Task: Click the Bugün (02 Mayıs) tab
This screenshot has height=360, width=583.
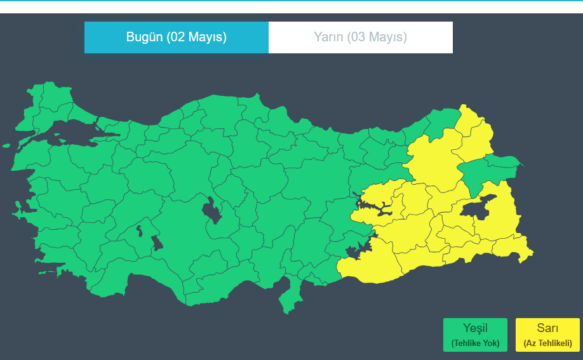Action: pos(176,37)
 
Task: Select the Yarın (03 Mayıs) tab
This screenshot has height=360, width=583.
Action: pos(360,37)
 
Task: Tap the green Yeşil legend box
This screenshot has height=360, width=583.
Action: pos(475,335)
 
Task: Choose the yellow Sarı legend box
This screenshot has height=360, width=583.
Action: pos(547,335)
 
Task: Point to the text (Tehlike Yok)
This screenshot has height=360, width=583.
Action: pos(475,343)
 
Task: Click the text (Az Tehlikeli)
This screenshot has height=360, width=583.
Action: pos(547,343)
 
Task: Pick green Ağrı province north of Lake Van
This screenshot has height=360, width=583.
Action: pos(486,168)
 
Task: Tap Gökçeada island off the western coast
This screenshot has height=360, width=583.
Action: pos(6,145)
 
